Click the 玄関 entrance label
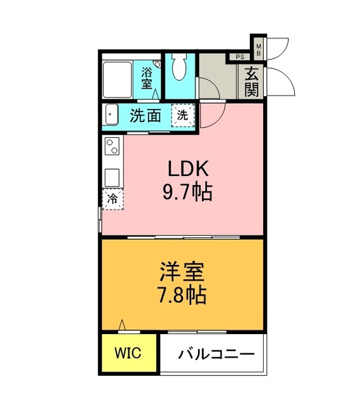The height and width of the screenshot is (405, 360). pos(252,82)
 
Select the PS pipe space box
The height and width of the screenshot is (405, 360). pos(239,57)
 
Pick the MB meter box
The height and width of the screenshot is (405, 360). pos(258,46)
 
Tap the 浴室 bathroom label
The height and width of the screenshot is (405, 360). pos(147,77)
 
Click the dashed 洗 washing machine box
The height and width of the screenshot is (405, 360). pos(182,116)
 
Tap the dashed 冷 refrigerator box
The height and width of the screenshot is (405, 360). pos(113,198)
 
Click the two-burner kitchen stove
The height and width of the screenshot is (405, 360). pos(113,147)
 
